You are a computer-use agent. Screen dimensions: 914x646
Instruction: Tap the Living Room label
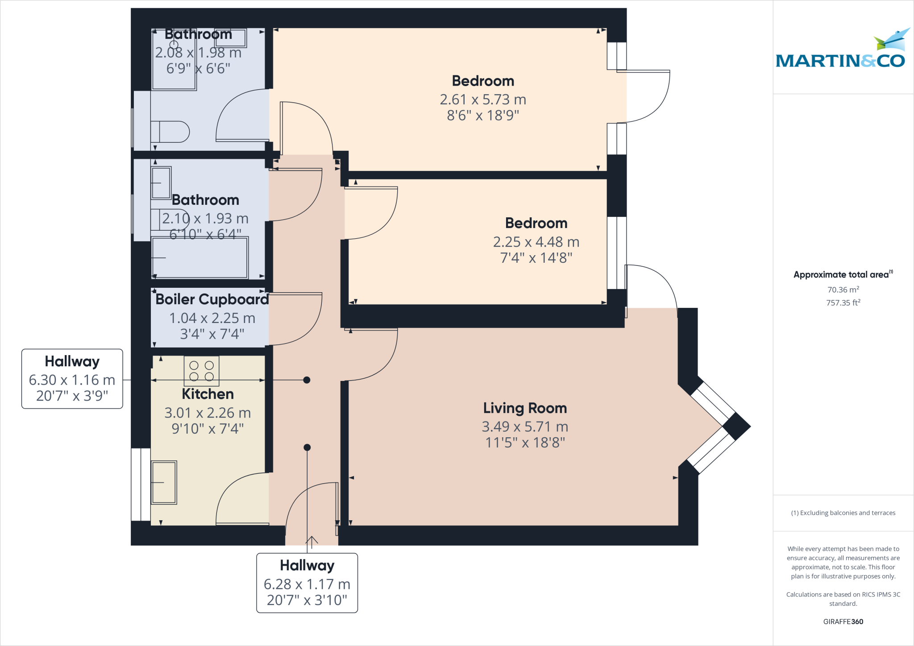coord(525,408)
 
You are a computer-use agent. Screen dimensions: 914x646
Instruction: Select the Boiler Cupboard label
coord(212,299)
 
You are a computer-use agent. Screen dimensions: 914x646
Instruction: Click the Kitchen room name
coord(208,394)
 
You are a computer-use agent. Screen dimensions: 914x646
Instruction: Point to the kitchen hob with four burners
coord(201,371)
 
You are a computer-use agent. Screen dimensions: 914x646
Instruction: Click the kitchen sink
coord(164,482)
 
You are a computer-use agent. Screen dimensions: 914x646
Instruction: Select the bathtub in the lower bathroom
coord(199,258)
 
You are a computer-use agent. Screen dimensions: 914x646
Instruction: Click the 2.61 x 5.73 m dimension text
coord(483,99)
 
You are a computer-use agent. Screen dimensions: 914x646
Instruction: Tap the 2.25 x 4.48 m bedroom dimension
coord(536,242)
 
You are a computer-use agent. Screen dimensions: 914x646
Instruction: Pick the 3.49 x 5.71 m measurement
coord(525,427)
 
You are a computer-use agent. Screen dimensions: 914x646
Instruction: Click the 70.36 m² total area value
coord(843,290)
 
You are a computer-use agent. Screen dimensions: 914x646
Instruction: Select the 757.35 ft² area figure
coord(843,302)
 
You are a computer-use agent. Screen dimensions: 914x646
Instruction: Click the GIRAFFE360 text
coord(843,621)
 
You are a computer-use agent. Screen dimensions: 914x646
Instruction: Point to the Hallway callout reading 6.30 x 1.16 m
coord(72,379)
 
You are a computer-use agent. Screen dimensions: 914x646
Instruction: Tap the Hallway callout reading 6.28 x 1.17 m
coord(307,583)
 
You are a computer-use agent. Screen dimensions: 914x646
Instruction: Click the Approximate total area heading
coord(843,274)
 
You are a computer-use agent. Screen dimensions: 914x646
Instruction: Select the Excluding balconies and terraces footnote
coord(843,513)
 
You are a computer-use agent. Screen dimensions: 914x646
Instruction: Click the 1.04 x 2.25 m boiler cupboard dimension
coord(212,318)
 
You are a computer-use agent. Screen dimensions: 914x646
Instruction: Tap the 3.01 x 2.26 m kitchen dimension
coord(208,413)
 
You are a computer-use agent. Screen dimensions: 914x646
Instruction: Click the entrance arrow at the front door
coord(312,541)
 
